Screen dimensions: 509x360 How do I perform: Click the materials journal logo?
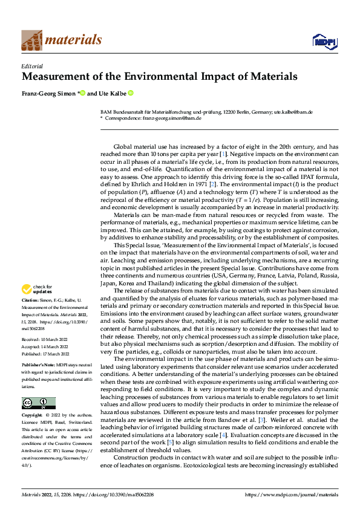[x=61, y=39]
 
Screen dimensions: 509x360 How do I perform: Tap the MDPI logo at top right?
[x=324, y=41]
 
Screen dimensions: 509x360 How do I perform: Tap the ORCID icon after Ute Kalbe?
[x=130, y=94]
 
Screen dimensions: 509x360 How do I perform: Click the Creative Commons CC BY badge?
[x=38, y=403]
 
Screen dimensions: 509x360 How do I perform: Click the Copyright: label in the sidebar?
[x=32, y=417]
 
